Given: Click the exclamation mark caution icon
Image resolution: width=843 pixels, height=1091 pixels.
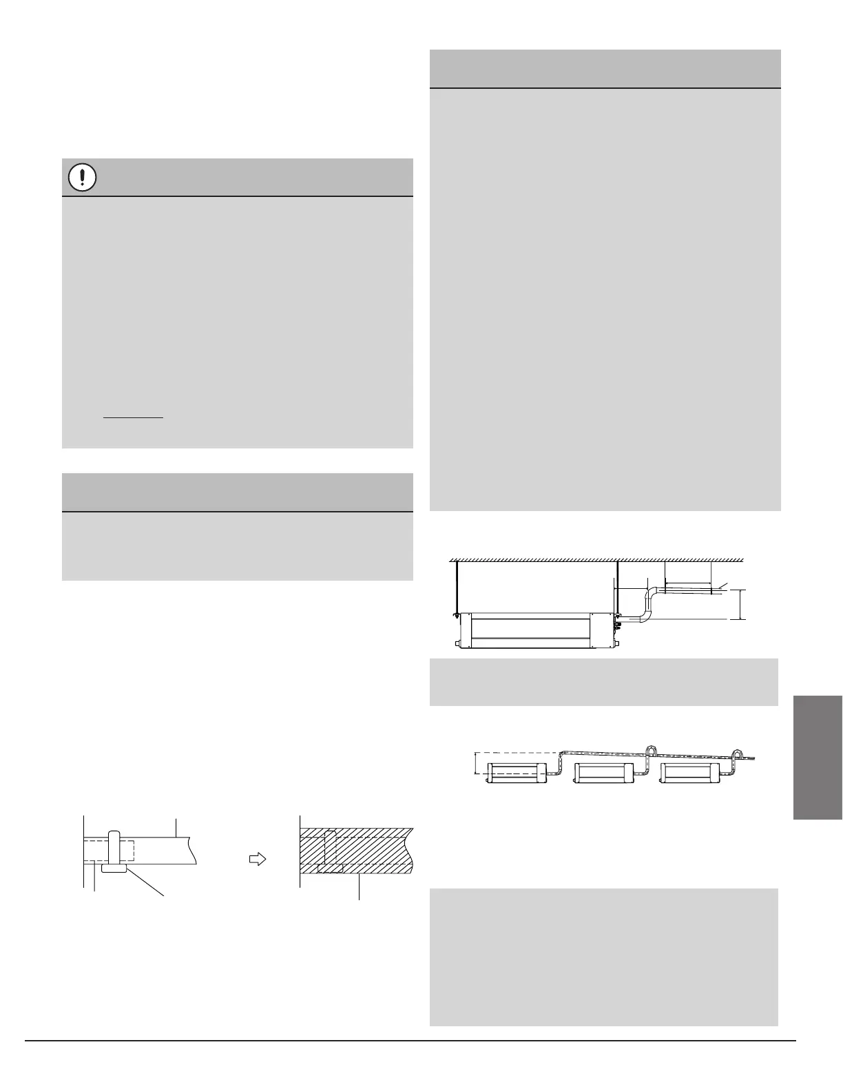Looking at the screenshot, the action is (x=83, y=178).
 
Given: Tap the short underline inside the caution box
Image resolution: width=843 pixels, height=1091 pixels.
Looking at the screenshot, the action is (x=133, y=417).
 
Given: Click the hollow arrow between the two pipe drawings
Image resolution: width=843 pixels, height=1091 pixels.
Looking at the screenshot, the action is (x=256, y=859).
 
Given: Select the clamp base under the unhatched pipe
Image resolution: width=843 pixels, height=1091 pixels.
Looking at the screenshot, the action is (x=114, y=869).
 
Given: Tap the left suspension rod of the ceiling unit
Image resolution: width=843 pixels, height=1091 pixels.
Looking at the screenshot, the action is (x=455, y=586).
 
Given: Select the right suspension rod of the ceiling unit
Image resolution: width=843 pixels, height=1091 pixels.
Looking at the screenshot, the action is (x=618, y=586).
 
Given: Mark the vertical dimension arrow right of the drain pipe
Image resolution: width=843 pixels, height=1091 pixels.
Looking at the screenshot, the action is (x=741, y=605).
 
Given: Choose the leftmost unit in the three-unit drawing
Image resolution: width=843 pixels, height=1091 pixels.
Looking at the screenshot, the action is (x=517, y=772).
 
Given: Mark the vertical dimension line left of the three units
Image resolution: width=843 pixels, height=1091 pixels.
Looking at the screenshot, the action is (x=477, y=763).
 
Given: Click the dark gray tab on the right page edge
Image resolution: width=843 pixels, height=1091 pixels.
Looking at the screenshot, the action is (x=818, y=757).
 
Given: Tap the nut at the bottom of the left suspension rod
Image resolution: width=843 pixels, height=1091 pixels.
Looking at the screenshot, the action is (x=455, y=614).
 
